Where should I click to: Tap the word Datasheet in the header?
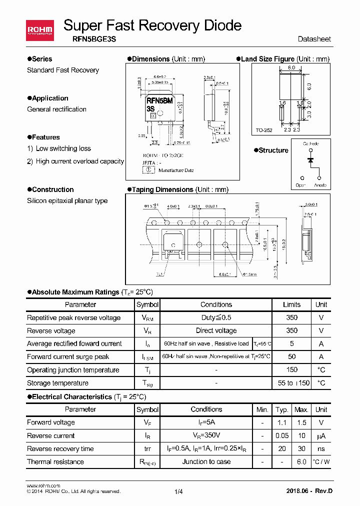314,39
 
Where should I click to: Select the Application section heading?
50,98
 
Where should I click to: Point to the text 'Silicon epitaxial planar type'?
67,201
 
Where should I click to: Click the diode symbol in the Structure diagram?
310,160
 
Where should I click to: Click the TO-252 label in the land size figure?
264,130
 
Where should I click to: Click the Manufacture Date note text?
176,170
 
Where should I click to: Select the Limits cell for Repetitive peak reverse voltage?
291,317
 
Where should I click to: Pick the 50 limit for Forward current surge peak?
291,357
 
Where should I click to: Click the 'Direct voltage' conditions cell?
216,330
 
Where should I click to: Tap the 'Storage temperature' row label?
57,383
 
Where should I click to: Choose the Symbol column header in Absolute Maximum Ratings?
147,304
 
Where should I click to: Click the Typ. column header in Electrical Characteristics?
282,409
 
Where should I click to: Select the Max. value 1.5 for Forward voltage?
301,422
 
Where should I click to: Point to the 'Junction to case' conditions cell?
206,461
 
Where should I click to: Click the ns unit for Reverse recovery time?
321,448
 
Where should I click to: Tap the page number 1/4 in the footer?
179,491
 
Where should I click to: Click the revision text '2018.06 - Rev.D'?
309,490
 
